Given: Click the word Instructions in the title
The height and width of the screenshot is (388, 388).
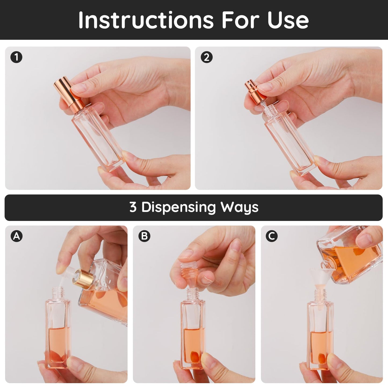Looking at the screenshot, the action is pyautogui.click(x=146, y=20).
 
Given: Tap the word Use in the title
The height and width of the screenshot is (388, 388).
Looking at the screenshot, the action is pyautogui.click(x=288, y=20).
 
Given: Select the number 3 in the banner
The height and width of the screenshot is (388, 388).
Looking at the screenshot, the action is pyautogui.click(x=133, y=207).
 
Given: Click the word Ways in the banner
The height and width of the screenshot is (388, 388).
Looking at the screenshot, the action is pyautogui.click(x=239, y=208).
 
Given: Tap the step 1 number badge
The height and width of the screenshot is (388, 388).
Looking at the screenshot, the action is pyautogui.click(x=16, y=57).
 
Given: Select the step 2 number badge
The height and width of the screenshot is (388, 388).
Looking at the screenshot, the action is pyautogui.click(x=206, y=57).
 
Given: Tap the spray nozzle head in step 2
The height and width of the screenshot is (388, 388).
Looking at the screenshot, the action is pyautogui.click(x=255, y=92).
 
